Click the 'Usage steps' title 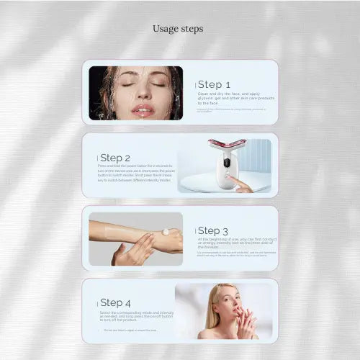[x=177, y=29]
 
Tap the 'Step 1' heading [x=214, y=84]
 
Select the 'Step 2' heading [x=114, y=158]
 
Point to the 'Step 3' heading [x=214, y=230]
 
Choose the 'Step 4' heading [x=116, y=302]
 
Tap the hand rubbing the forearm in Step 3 [x=133, y=252]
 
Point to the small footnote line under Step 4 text [x=126, y=330]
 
